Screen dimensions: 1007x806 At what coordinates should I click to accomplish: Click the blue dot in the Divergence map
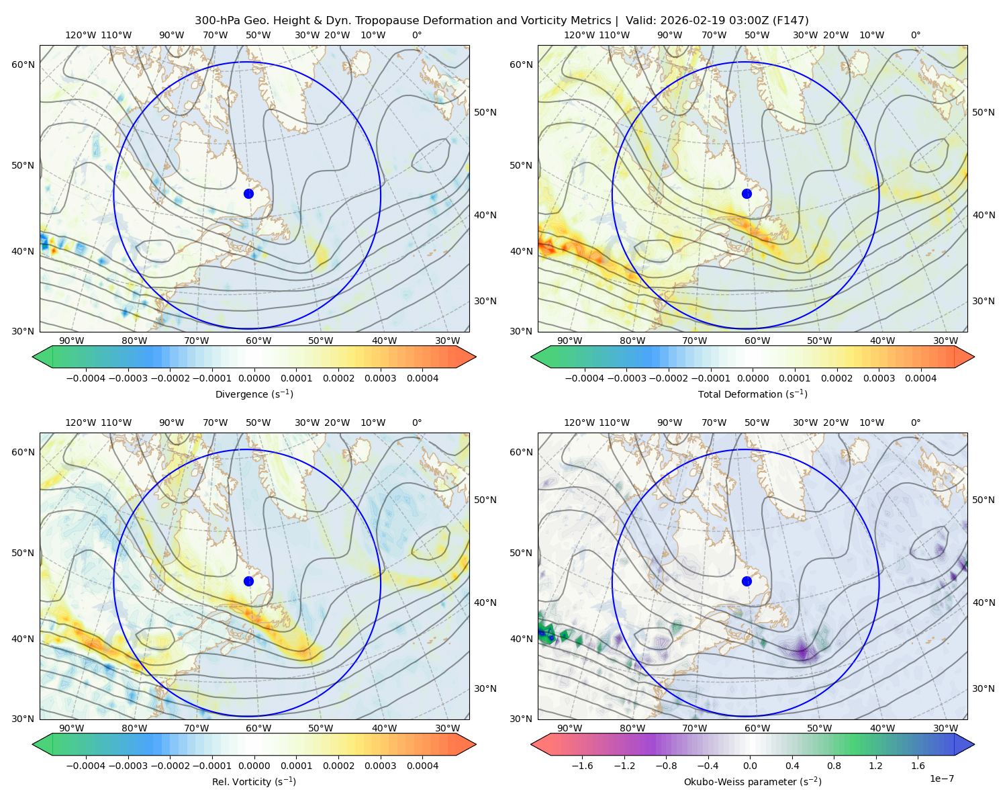coord(248,193)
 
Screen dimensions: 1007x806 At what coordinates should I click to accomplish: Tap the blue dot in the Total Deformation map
coord(747,193)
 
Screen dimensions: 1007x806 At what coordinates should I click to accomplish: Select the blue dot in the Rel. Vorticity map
coord(248,581)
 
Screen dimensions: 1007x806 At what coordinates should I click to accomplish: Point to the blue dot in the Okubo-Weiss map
coord(747,581)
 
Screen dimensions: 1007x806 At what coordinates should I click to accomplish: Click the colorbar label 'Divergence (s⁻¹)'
coord(254,394)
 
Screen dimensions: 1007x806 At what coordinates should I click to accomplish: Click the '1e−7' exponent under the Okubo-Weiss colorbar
coord(941,778)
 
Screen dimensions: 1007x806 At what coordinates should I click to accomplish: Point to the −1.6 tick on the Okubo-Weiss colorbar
coord(582,765)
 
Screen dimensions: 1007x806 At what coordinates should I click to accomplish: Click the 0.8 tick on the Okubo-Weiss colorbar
coord(834,765)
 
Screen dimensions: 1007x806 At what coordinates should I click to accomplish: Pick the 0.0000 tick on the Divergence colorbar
coord(254,378)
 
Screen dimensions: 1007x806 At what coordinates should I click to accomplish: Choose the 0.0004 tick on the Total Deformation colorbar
coord(920,378)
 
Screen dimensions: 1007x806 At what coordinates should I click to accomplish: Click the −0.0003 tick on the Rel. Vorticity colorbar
coord(128,765)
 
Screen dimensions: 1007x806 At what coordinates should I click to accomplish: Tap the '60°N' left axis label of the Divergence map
coord(23,64)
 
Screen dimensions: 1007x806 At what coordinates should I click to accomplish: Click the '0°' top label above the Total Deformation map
coord(915,35)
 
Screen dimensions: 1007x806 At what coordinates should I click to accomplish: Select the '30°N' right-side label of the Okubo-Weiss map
coord(984,688)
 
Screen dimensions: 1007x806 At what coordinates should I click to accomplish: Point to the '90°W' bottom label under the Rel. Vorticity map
coord(72,728)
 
